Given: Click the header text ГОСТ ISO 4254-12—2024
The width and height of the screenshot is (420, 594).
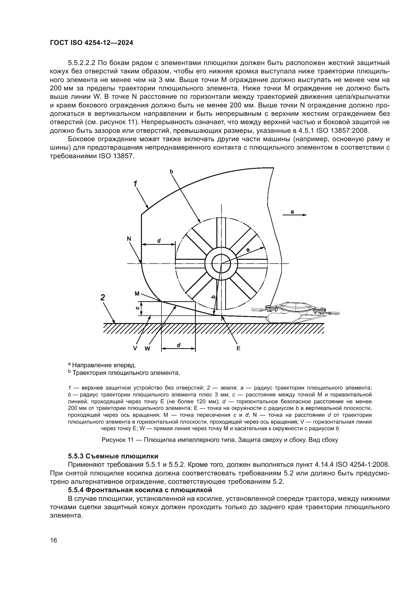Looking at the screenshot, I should [x=92, y=43].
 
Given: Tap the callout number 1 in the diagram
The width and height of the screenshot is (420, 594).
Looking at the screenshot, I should [x=135, y=184].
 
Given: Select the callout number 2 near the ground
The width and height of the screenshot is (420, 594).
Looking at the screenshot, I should [x=103, y=298].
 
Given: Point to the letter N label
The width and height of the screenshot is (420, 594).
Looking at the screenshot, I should [x=129, y=239].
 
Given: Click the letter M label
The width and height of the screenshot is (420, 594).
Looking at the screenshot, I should [x=137, y=293].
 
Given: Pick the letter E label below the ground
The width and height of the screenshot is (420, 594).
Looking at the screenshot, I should [x=238, y=348].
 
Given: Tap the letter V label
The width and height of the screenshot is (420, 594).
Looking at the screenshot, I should [x=135, y=348].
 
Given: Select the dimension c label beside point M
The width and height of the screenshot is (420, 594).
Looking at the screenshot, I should [x=138, y=308].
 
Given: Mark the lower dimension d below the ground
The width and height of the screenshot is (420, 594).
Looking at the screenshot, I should [x=179, y=345].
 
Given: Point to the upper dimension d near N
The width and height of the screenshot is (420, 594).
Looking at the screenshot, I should [x=159, y=240].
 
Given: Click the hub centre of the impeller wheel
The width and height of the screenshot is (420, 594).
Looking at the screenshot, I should [x=221, y=264].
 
